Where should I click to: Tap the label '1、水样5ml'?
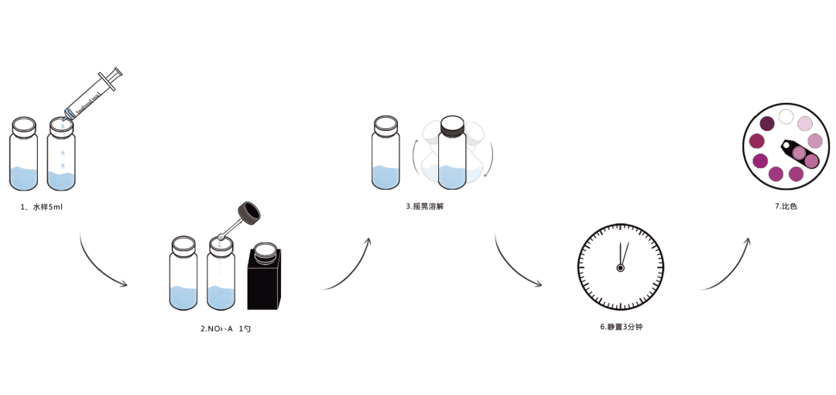[x=42, y=207]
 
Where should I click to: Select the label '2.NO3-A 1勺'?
[x=225, y=328]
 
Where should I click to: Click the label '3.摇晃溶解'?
[x=425, y=206]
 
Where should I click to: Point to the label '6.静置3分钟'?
[x=621, y=327]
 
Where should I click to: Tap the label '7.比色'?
[x=786, y=206]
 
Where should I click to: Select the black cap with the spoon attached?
[x=249, y=211]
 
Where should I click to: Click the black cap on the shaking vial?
[x=451, y=125]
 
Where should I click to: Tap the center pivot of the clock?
[x=620, y=268]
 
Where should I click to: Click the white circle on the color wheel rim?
[x=786, y=117]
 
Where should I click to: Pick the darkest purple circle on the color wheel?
[x=767, y=124]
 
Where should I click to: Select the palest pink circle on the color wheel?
[x=805, y=124]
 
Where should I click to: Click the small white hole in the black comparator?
[x=788, y=145]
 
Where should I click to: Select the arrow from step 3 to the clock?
[x=515, y=267]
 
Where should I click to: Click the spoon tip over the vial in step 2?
[x=221, y=236]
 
